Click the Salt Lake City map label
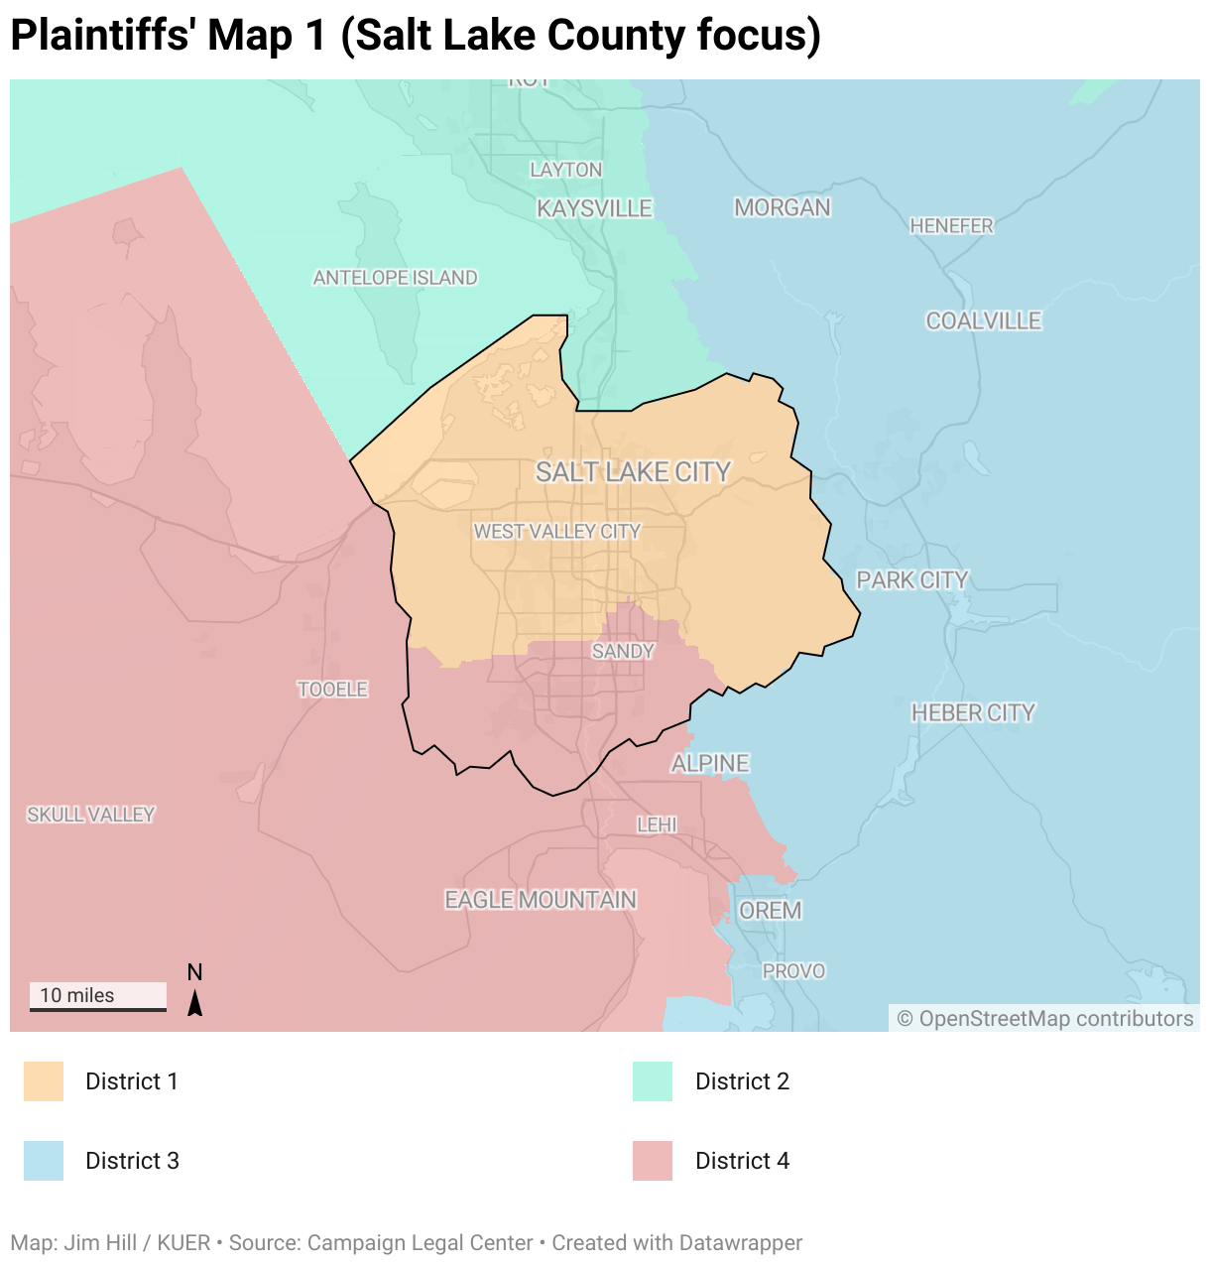click(633, 472)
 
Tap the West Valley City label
click(557, 532)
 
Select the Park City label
click(911, 580)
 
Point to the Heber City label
click(973, 712)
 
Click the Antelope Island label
click(395, 278)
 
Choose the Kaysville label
click(594, 208)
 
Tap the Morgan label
click(783, 207)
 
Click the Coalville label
click(983, 320)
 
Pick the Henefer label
click(951, 226)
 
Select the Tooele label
click(332, 689)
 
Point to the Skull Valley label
click(90, 815)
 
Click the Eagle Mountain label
click(541, 900)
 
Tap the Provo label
click(793, 971)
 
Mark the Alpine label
click(710, 763)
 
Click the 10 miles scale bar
click(97, 997)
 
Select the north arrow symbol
click(195, 1002)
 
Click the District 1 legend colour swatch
click(44, 1081)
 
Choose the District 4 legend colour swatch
click(653, 1161)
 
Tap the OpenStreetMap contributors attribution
click(1044, 1019)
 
